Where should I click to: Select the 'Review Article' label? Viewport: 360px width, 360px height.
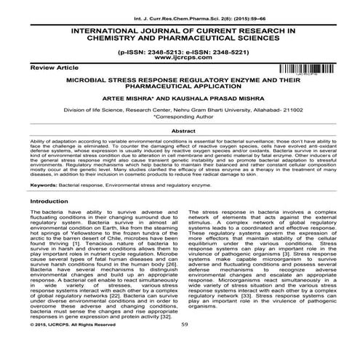click(x=28, y=66)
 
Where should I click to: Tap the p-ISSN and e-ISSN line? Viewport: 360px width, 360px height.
click(x=180, y=53)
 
